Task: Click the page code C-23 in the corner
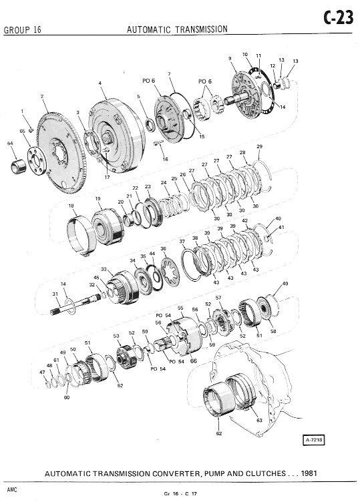click(x=339, y=18)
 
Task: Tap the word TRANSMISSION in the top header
click(x=202, y=29)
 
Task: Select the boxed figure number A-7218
click(x=314, y=440)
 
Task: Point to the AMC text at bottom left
click(x=12, y=489)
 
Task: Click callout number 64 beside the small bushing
click(x=10, y=144)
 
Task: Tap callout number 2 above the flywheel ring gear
click(x=42, y=96)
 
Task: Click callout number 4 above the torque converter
click(x=100, y=83)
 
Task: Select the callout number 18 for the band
click(x=71, y=206)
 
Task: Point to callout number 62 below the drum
click(x=219, y=433)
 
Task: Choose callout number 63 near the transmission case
click(x=259, y=420)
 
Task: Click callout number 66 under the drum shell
click(x=193, y=361)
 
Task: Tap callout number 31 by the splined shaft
click(x=55, y=294)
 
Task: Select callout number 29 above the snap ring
click(x=260, y=147)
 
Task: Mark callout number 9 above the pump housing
click(x=230, y=59)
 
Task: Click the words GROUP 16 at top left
click(x=23, y=30)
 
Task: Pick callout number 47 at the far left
click(x=42, y=372)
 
